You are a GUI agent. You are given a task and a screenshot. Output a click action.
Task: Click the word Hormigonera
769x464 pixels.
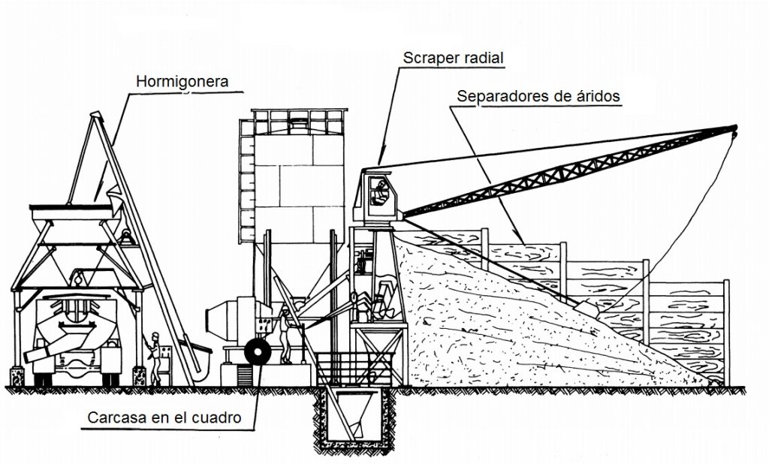coord(182,80)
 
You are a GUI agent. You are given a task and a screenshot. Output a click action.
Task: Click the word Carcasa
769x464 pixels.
coord(114,417)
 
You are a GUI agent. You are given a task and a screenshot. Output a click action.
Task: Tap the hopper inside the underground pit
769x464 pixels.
coord(354,417)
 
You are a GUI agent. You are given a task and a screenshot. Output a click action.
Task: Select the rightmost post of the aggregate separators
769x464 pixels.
coord(726,330)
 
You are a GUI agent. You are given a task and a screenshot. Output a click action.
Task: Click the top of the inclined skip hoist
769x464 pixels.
coord(95,118)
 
